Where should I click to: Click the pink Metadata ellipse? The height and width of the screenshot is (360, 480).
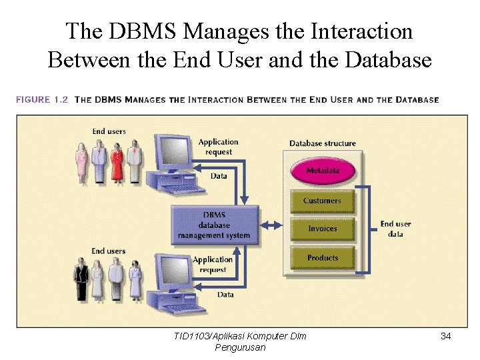[x=323, y=171]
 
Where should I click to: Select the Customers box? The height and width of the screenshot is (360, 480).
[x=322, y=201]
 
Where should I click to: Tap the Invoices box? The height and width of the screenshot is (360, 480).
[x=322, y=229]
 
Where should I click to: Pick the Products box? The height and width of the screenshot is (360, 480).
[x=322, y=258]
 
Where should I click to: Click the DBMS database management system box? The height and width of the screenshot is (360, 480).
[x=214, y=225]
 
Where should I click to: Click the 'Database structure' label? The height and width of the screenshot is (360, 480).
[x=323, y=143]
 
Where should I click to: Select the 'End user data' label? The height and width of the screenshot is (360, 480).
[x=396, y=229]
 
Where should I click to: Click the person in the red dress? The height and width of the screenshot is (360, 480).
[x=117, y=161]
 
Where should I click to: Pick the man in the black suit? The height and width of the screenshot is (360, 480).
[x=81, y=280]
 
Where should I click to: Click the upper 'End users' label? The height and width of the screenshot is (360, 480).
[x=109, y=131]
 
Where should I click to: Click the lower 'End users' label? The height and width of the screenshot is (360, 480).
[x=108, y=251]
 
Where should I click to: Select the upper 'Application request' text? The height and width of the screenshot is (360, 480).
[x=218, y=147]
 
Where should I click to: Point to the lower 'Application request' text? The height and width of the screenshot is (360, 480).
[x=213, y=265]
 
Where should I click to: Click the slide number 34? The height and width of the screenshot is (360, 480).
[x=446, y=336]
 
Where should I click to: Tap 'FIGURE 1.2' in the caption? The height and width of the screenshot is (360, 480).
[x=42, y=100]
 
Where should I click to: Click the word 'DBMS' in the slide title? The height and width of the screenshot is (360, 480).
[x=144, y=31]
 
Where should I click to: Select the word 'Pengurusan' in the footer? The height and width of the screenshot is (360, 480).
[x=240, y=347]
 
